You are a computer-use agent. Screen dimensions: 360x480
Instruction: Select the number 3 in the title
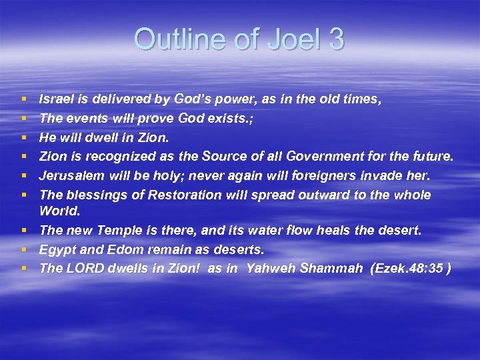pyautogui.click(x=335, y=39)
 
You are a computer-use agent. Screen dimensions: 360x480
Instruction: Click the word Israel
pyautogui.click(x=57, y=99)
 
